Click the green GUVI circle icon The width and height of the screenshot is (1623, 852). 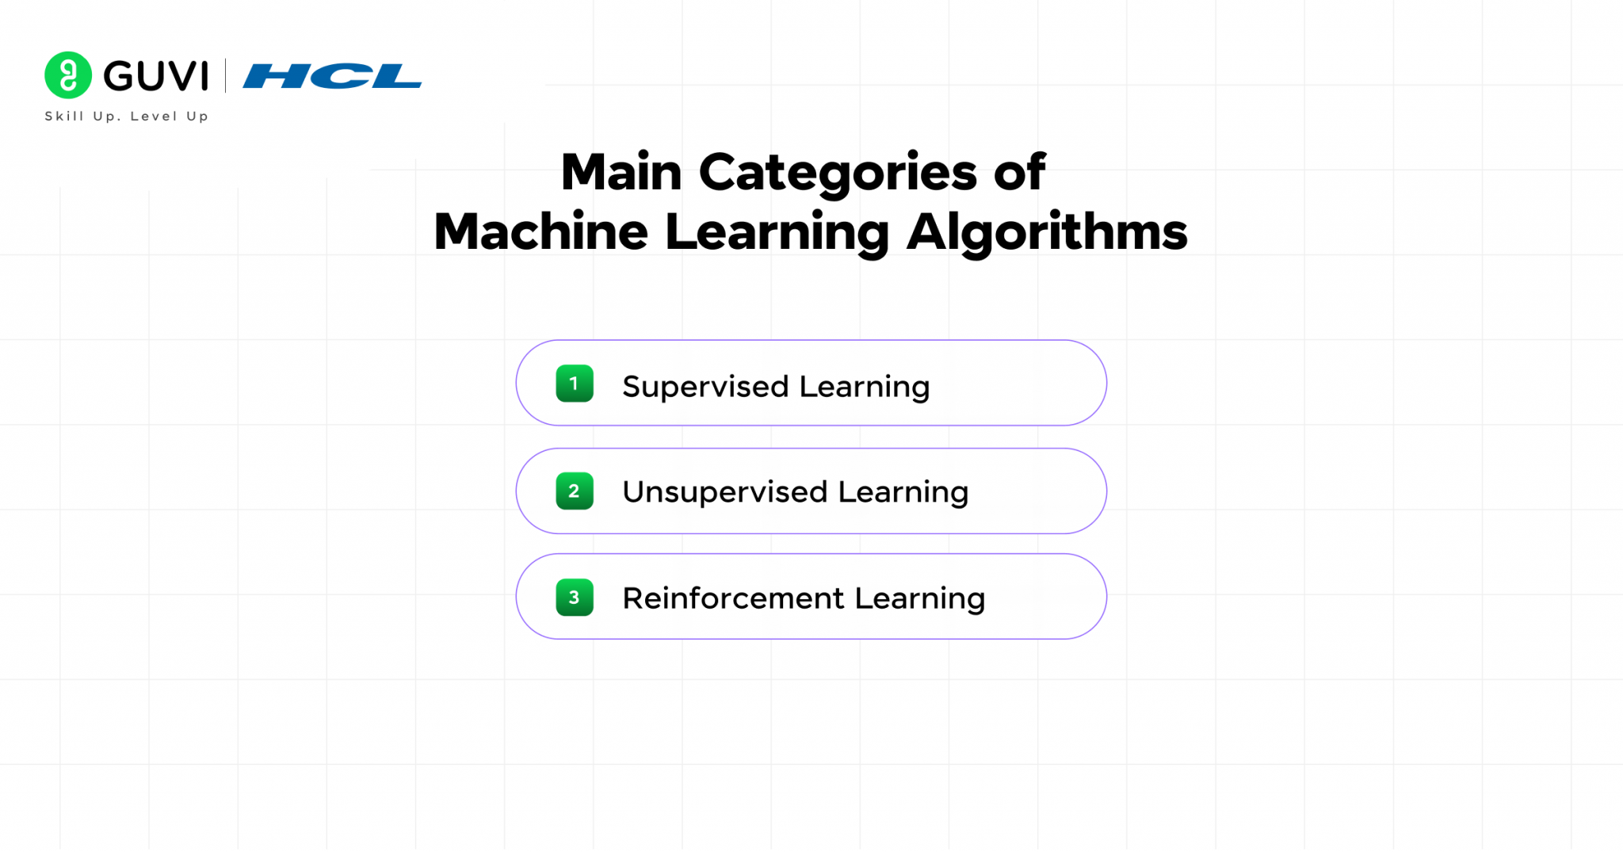pos(68,75)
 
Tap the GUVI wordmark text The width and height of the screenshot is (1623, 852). pos(156,76)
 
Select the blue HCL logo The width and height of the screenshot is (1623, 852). pos(332,76)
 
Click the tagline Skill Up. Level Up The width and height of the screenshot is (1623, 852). pos(127,117)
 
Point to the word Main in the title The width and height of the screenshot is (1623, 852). pos(621,172)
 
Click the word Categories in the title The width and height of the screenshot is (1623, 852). pos(838,174)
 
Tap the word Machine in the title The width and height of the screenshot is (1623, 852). pos(540,232)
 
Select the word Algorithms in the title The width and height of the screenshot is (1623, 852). pos(1047,233)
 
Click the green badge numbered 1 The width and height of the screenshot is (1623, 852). pos(575,384)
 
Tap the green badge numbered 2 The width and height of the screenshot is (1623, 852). pos(575,491)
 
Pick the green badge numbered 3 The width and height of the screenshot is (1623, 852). pos(575,598)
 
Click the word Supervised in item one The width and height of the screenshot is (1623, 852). pos(705,387)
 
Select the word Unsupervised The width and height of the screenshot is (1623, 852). pos(724,492)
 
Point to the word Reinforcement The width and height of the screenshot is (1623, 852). pos(733,598)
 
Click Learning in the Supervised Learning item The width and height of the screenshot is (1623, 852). pos(864,387)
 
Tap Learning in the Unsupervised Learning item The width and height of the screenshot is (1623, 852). pos(903,492)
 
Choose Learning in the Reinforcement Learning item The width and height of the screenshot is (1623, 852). pos(919,598)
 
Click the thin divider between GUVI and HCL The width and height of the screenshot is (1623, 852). pos(226,76)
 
